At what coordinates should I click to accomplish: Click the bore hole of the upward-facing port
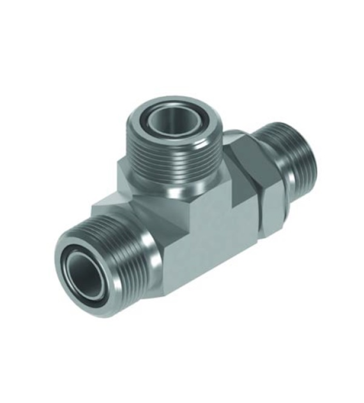[174, 121]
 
